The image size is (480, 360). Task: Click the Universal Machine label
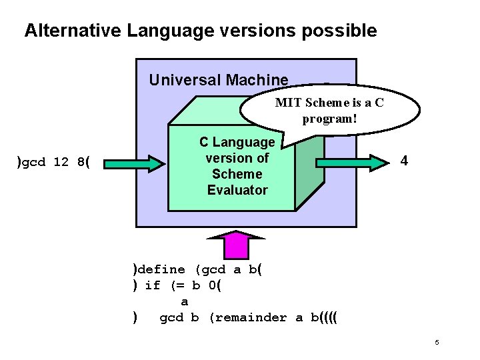click(219, 81)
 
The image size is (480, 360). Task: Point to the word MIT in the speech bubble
click(288, 103)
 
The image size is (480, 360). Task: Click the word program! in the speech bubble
click(330, 119)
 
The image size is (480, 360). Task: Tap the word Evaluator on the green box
click(237, 190)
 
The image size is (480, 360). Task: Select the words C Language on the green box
click(237, 142)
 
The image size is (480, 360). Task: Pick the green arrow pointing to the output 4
click(353, 161)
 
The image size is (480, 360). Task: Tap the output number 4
click(403, 161)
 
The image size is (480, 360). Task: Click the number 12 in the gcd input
click(62, 163)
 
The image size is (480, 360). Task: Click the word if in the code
click(153, 285)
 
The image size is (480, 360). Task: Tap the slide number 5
click(437, 343)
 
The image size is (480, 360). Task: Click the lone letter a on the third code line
click(185, 302)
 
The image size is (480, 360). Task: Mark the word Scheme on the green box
click(237, 174)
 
